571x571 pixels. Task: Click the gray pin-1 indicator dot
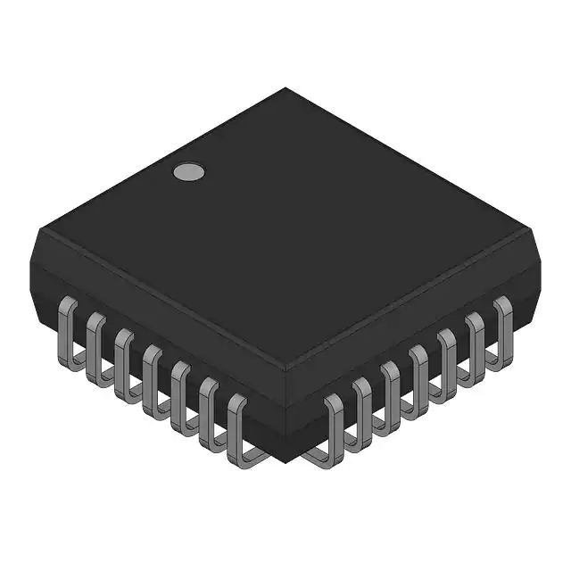coord(187,171)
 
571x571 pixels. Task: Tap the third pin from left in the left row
coord(122,360)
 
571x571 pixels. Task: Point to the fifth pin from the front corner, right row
coord(447,360)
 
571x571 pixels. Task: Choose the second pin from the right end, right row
coord(475,343)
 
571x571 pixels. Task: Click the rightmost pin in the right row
coord(502,327)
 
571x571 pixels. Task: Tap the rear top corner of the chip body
coord(285,89)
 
